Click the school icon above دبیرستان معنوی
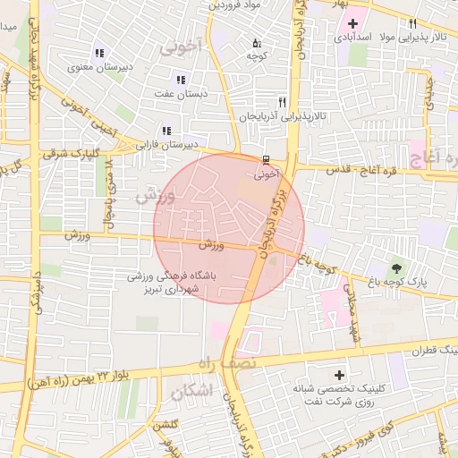[97, 53]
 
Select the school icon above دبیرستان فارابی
[165, 130]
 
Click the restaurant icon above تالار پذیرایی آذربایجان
[283, 103]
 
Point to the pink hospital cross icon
[352, 24]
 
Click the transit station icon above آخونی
[266, 159]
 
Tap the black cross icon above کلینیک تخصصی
[338, 374]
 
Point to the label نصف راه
[228, 362]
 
